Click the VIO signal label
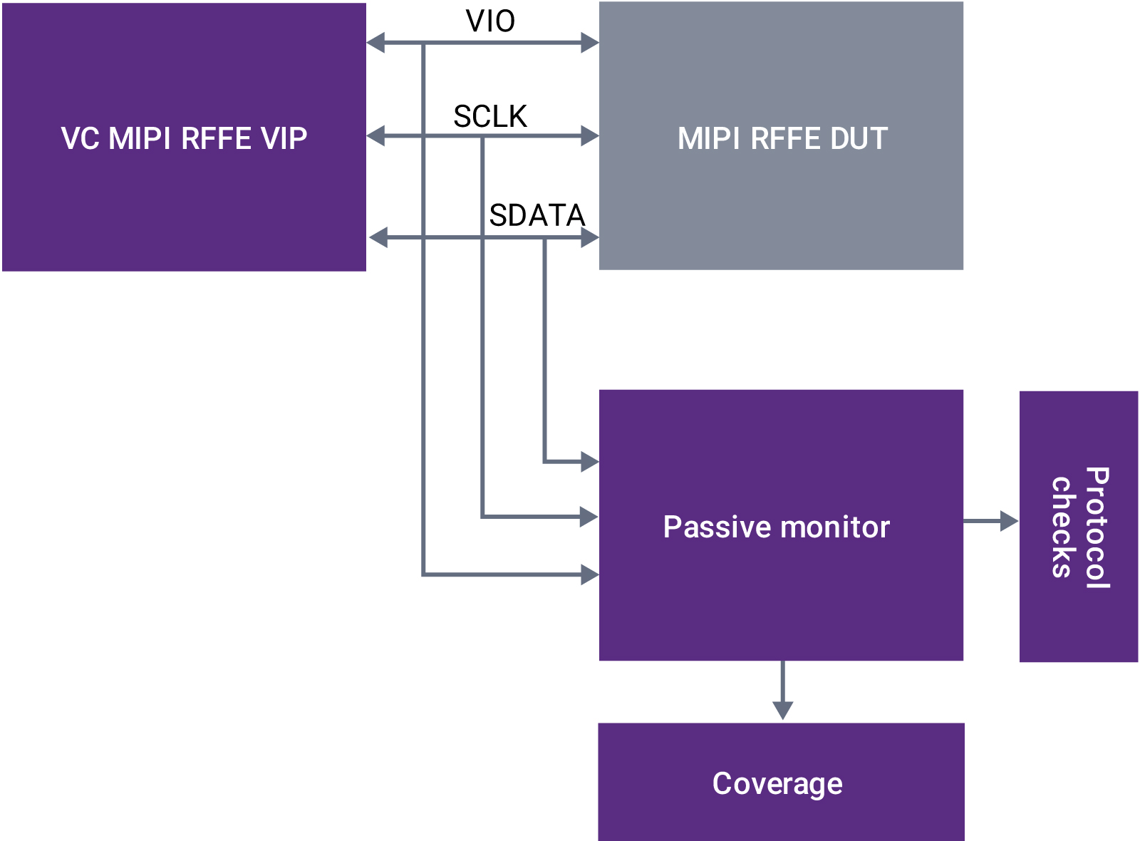pyautogui.click(x=490, y=21)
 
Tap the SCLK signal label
pyautogui.click(x=490, y=116)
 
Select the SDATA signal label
pyautogui.click(x=537, y=215)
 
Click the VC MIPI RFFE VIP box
pyautogui.click(x=184, y=137)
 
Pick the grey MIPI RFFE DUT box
pyautogui.click(x=781, y=135)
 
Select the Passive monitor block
pyautogui.click(x=781, y=525)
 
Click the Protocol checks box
pyautogui.click(x=1078, y=527)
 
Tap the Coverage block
pyautogui.click(x=781, y=782)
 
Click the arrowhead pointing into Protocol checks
pyautogui.click(x=1010, y=521)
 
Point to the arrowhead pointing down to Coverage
pyautogui.click(x=782, y=710)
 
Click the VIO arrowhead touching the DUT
pyautogui.click(x=590, y=43)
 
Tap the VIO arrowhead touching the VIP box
pyautogui.click(x=375, y=43)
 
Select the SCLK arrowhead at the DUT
pyautogui.click(x=590, y=135)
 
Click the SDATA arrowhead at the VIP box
pyautogui.click(x=378, y=237)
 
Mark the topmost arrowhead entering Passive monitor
pyautogui.click(x=590, y=462)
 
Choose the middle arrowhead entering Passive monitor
pyautogui.click(x=590, y=517)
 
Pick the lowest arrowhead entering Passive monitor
pyautogui.click(x=590, y=574)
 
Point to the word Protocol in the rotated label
pyautogui.click(x=1097, y=527)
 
